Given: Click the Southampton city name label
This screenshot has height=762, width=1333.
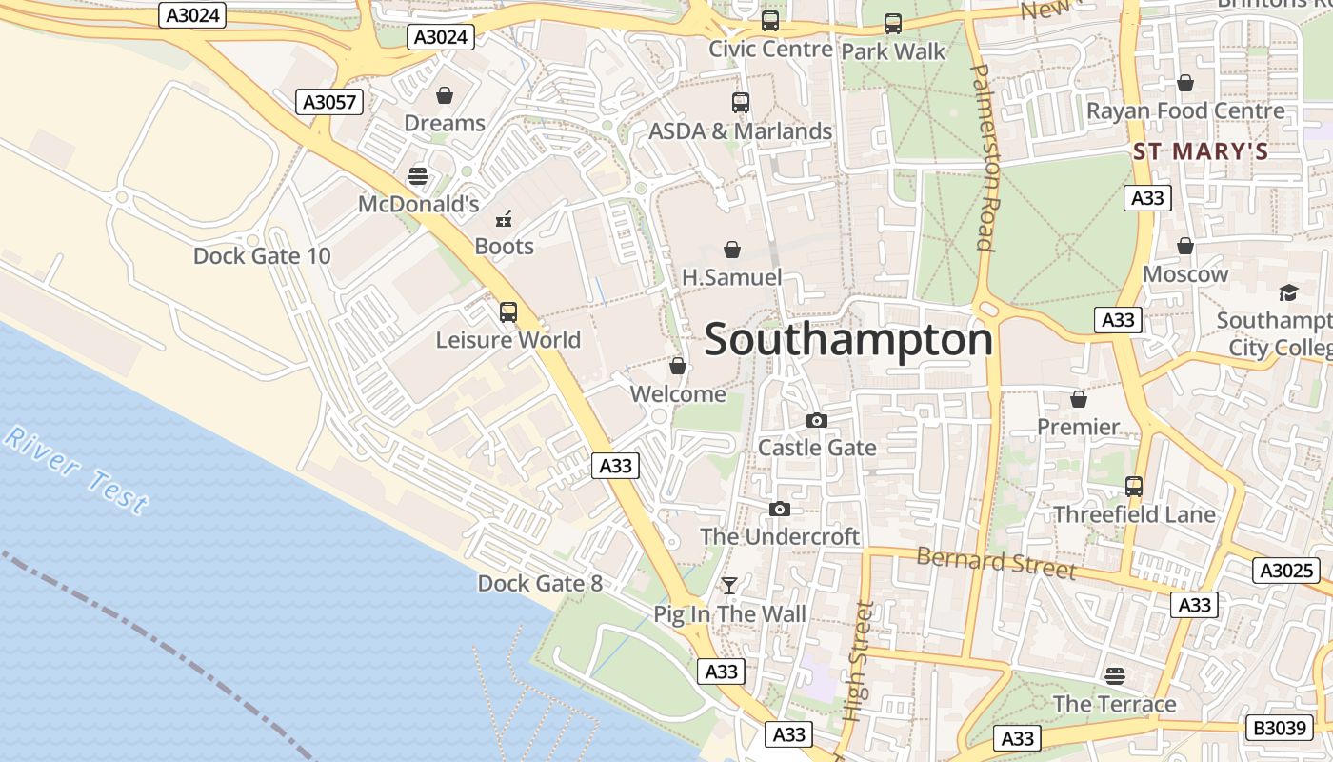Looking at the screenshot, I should (848, 340).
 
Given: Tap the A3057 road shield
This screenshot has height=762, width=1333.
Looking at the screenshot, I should (329, 102).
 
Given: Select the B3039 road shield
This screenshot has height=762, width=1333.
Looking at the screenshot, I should (1279, 728).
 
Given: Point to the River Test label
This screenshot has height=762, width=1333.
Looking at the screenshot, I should (76, 471).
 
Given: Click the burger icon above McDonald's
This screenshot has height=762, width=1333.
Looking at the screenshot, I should (417, 176).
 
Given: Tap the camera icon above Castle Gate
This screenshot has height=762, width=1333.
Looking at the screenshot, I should (816, 420).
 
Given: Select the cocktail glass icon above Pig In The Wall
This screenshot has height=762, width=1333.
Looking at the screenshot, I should (729, 586).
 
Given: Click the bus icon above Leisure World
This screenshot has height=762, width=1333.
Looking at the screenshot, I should (507, 311).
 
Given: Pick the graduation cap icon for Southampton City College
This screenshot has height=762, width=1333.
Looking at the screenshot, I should (1288, 292).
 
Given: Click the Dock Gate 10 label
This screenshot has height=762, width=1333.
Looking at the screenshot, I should (262, 256).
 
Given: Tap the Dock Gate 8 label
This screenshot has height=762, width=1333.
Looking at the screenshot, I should (540, 583).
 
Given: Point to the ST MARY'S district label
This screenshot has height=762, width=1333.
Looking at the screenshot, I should (1201, 151).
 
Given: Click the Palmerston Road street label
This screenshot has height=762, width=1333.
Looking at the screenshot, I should (984, 157).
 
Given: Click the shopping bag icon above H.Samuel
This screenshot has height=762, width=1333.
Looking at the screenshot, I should (732, 250).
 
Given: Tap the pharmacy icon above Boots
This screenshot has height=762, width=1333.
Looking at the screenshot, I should (504, 219).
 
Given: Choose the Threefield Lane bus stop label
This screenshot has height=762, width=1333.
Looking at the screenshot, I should (1134, 515).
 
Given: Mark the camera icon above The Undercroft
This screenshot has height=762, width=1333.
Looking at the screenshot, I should (780, 510).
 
